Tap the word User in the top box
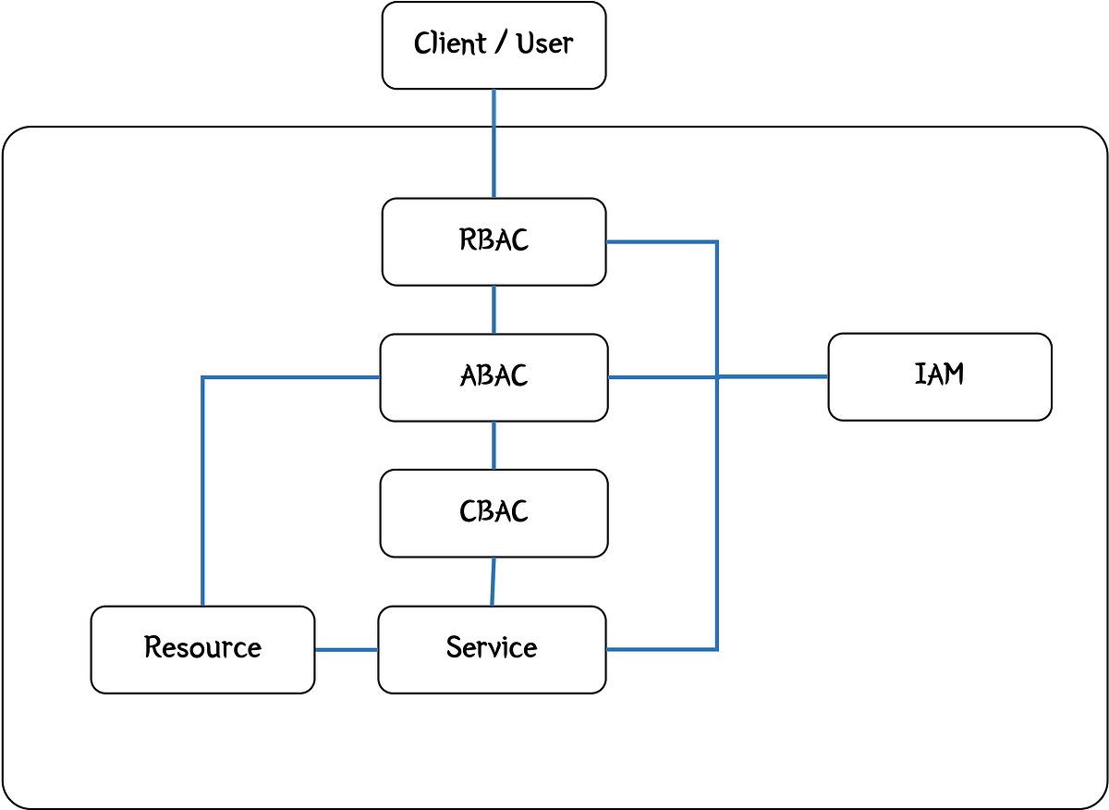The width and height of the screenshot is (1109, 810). (544, 43)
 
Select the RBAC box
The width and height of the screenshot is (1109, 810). (494, 241)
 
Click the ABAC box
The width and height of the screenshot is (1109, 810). (494, 377)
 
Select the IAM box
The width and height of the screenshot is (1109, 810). (939, 376)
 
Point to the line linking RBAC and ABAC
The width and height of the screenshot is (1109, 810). (494, 310)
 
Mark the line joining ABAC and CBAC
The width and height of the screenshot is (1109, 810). (494, 446)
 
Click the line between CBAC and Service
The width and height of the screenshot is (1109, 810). (493, 582)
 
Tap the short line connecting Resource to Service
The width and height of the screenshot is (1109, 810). (347, 649)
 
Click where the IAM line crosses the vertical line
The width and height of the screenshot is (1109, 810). (717, 376)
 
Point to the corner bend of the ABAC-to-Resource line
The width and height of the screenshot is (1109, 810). (202, 377)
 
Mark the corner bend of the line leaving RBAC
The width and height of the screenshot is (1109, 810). (717, 242)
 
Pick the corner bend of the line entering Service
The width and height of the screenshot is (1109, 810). (717, 649)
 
